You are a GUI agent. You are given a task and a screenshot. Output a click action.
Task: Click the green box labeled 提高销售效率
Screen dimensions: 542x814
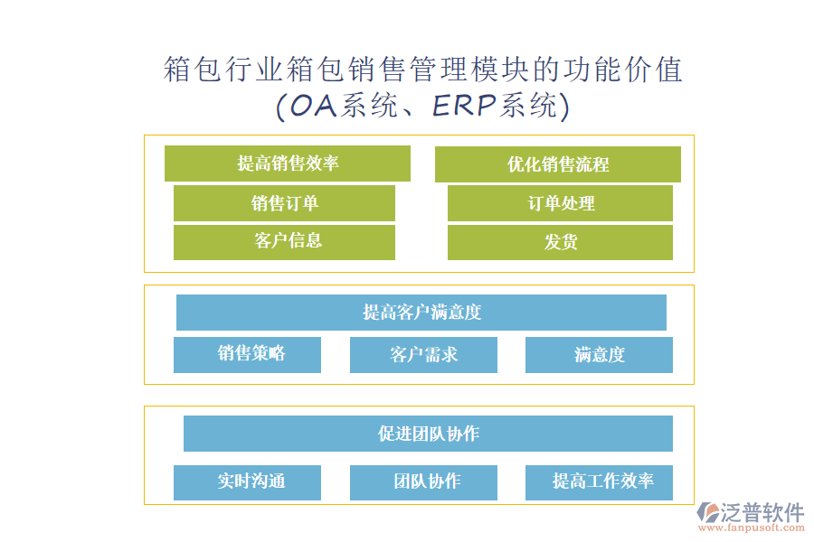click(288, 164)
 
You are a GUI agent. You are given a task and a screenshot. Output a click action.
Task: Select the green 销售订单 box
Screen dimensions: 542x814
click(284, 203)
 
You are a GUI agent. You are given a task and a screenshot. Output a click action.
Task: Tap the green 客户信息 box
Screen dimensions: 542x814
click(284, 242)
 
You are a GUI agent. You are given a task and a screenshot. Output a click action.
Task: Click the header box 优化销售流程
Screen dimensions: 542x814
click(557, 164)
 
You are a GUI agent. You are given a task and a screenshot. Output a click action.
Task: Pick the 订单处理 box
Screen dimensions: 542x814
click(560, 203)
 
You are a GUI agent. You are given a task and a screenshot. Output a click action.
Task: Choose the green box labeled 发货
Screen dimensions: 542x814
click(560, 242)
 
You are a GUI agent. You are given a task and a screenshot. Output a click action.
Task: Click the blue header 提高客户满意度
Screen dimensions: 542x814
click(421, 313)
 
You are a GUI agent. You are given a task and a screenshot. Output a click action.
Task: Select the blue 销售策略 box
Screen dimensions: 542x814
click(247, 354)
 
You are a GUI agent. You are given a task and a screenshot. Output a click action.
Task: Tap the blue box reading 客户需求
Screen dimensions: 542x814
click(423, 355)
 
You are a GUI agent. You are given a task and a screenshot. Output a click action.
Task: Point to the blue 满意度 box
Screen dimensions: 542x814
click(599, 355)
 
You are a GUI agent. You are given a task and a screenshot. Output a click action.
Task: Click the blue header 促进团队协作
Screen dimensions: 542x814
click(428, 434)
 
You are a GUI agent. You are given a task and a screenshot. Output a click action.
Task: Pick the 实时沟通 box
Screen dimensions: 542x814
click(247, 481)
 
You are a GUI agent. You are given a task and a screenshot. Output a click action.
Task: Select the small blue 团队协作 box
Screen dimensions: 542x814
click(423, 481)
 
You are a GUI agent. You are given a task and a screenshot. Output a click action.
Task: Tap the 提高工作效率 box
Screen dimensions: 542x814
click(599, 481)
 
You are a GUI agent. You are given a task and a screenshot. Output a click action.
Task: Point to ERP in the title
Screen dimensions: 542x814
click(464, 107)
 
